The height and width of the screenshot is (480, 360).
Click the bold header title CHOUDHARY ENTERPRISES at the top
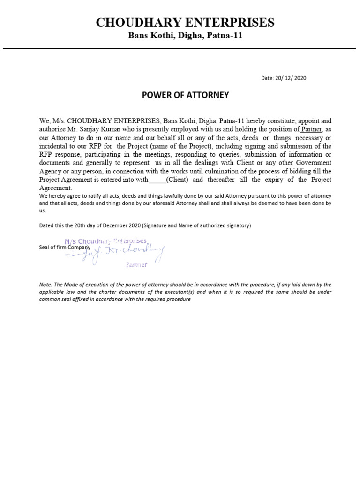click(x=185, y=22)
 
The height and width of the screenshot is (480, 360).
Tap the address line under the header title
click(x=185, y=36)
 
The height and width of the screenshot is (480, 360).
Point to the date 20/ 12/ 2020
click(x=284, y=78)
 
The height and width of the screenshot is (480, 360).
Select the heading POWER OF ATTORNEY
click(x=185, y=95)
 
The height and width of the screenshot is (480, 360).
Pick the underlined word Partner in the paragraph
click(x=311, y=129)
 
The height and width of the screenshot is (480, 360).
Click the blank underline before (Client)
click(x=157, y=180)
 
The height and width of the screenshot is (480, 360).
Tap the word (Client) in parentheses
click(x=178, y=180)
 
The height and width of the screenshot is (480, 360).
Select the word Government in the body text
click(x=311, y=163)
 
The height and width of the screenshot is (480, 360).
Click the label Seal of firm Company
click(x=65, y=247)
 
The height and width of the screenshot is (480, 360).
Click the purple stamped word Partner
click(x=137, y=265)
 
